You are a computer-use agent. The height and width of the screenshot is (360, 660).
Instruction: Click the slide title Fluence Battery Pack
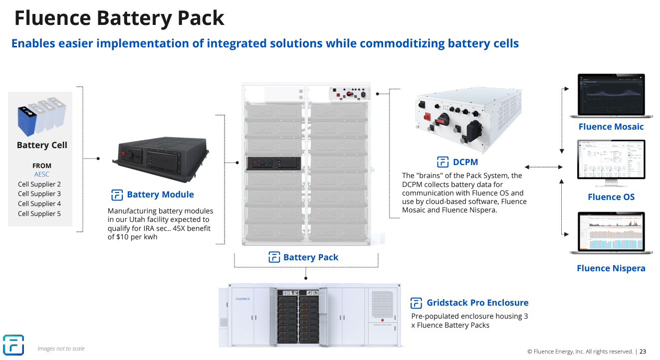pos(119,18)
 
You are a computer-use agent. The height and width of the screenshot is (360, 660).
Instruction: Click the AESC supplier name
pos(42,175)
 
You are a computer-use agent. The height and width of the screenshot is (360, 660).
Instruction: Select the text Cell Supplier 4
pos(39,203)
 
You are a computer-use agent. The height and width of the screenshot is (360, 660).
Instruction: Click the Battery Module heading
pos(160,194)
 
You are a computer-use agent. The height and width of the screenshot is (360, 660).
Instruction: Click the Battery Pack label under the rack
pos(310,257)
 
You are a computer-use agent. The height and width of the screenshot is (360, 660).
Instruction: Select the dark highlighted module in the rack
pos(272,164)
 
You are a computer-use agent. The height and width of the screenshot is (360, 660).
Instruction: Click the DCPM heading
pos(465,162)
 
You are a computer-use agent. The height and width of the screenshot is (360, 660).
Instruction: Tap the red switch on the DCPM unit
pos(427,117)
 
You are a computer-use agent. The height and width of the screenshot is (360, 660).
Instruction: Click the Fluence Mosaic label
pos(611,127)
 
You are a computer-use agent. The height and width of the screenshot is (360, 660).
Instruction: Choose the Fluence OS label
pos(611,197)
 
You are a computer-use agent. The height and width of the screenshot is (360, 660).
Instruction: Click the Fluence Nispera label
pos(611,268)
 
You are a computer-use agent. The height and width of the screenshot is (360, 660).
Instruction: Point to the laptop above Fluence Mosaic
pos(611,96)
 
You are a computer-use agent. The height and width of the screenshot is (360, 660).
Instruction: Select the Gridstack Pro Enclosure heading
pos(477,303)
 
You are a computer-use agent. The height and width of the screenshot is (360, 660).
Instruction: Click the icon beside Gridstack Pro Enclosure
pos(416,303)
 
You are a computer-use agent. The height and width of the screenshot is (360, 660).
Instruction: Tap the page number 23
pos(643,351)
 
